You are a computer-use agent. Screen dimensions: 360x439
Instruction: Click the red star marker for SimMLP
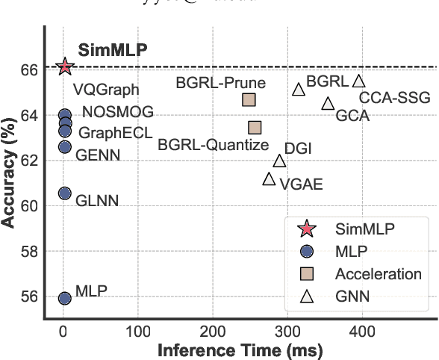click(x=65, y=66)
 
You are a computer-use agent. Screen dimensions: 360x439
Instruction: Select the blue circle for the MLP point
click(x=65, y=298)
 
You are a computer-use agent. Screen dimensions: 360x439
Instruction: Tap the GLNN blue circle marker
click(x=65, y=193)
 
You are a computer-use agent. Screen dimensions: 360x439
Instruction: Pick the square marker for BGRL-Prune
click(x=249, y=99)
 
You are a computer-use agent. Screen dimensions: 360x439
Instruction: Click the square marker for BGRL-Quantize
click(x=255, y=128)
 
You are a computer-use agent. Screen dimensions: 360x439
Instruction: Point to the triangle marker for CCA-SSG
click(x=358, y=81)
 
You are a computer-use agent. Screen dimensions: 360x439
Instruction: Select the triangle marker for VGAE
click(x=269, y=179)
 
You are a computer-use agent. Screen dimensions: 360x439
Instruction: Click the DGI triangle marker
click(x=279, y=161)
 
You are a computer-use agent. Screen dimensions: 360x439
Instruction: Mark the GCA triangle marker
click(x=327, y=103)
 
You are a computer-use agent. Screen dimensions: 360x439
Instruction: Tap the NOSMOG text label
click(x=118, y=112)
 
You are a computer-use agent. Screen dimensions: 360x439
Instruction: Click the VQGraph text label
click(x=106, y=90)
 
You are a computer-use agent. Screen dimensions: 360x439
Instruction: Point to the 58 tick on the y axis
click(x=30, y=252)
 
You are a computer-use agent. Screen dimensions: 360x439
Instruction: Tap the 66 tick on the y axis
click(x=30, y=69)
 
